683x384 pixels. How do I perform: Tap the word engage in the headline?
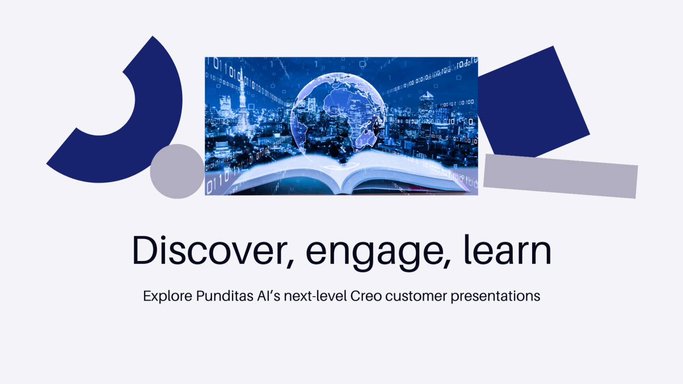[374, 253]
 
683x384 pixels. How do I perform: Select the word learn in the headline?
[507, 249]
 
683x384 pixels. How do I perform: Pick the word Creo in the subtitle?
[366, 296]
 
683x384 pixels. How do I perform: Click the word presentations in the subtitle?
[496, 296]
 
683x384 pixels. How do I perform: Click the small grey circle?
[177, 171]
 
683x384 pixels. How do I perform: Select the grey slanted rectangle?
[560, 176]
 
